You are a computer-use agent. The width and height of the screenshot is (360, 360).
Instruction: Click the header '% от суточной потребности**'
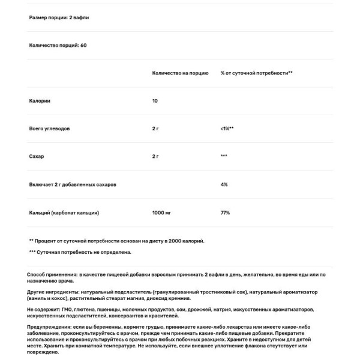tap(256, 73)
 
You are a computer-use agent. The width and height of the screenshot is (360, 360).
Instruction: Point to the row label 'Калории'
tap(40, 101)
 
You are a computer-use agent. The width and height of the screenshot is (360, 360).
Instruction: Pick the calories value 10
tap(155, 101)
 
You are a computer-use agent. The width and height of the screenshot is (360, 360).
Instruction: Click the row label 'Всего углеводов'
tap(50, 128)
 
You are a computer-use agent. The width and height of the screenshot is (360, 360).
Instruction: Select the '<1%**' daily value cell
tap(227, 128)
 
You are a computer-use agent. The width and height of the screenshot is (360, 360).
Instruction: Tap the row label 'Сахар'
tap(37, 157)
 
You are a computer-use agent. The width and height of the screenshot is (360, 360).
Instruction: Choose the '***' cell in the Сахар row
tap(224, 157)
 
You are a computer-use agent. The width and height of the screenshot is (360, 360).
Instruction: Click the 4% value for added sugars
tap(224, 184)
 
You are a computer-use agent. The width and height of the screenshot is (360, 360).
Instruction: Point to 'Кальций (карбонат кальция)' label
tap(64, 212)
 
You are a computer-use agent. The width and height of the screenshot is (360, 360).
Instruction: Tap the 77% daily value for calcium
tap(225, 212)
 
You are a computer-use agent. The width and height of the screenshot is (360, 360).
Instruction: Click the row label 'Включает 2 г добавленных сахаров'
tap(73, 184)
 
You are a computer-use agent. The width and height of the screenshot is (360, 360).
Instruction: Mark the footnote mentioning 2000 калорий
tap(117, 241)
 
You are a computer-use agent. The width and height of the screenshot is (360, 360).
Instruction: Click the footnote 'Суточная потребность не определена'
tap(80, 252)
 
